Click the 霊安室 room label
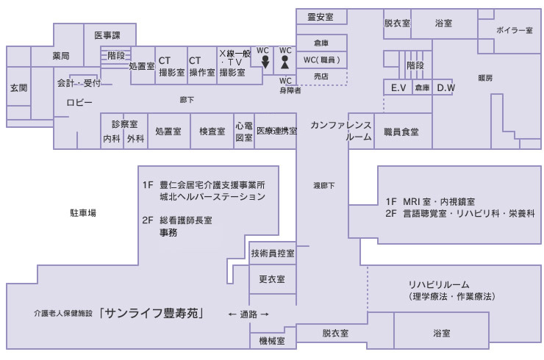[321, 17]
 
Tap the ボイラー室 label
[514, 30]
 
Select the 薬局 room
[61, 55]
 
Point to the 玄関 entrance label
[18, 87]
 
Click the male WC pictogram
[264, 63]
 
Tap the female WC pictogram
[285, 63]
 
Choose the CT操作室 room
[201, 67]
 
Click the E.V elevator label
[399, 87]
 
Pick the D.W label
[445, 87]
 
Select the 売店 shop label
[321, 76]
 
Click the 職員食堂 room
[401, 132]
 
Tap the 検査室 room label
[212, 132]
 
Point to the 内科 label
[112, 139]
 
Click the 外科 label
[135, 139]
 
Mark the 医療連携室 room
[276, 132]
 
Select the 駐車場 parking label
[83, 212]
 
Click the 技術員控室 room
[273, 253]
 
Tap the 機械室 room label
[272, 340]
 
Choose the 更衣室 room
[272, 280]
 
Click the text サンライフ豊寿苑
[153, 313]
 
